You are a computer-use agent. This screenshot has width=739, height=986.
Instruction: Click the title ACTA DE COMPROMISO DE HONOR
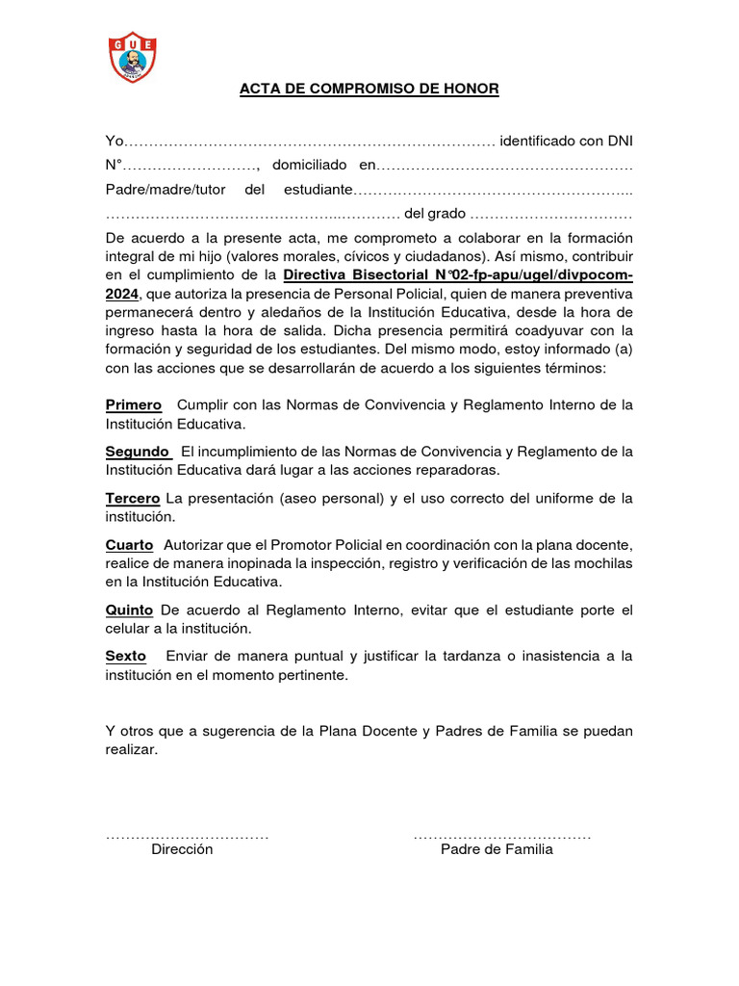pyautogui.click(x=369, y=90)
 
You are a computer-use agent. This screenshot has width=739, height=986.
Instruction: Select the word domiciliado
pyautogui.click(x=311, y=166)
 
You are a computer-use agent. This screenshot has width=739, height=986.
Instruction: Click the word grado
pyautogui.click(x=446, y=214)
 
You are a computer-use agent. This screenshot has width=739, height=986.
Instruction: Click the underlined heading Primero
pyautogui.click(x=134, y=405)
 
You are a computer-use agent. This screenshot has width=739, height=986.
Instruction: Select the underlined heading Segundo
pyautogui.click(x=139, y=452)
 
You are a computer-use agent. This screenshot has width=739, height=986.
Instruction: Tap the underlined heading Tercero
pyautogui.click(x=133, y=498)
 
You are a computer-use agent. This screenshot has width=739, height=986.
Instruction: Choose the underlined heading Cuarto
pyautogui.click(x=129, y=545)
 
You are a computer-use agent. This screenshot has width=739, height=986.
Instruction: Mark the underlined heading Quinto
pyautogui.click(x=129, y=610)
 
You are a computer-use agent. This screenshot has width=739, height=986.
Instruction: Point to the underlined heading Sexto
pyautogui.click(x=126, y=657)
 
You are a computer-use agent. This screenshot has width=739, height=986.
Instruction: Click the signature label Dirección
pyautogui.click(x=182, y=850)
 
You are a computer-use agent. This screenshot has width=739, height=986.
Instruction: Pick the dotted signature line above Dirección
pyautogui.click(x=187, y=834)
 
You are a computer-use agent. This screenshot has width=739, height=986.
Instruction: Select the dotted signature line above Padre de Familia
pyautogui.click(x=502, y=834)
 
